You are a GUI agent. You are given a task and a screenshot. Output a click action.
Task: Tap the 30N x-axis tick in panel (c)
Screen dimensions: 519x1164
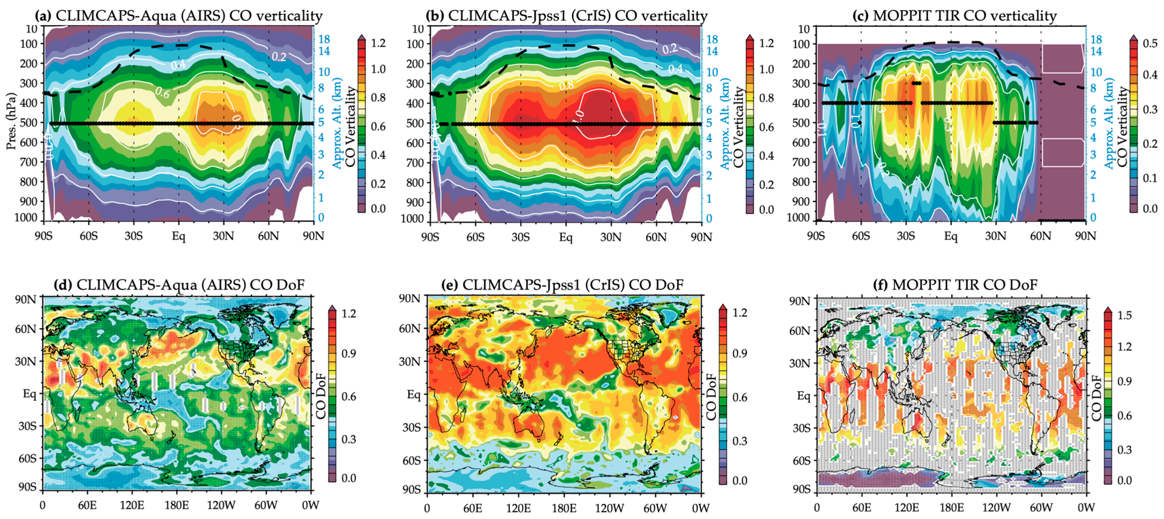pos(995,236)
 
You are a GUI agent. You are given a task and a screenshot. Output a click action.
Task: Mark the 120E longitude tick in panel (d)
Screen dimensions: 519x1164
pos(132,505)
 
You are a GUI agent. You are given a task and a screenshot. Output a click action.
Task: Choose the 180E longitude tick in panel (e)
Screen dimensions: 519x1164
pos(564,509)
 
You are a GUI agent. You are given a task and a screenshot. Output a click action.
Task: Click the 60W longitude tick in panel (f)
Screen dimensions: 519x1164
pos(1041,508)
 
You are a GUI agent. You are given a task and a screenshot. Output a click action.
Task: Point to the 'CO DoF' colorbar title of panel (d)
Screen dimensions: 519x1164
pos(321,396)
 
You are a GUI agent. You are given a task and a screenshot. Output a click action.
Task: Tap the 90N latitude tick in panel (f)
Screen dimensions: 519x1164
pos(799,300)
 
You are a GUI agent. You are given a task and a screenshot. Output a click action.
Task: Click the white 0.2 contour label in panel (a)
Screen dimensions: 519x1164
pos(279,56)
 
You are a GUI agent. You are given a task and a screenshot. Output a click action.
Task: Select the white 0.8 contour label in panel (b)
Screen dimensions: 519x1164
pos(566,85)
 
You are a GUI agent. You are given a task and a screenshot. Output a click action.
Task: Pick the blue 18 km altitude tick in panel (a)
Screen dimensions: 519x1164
pos(324,39)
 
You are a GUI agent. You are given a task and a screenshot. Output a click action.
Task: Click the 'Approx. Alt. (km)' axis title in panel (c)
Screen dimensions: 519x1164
pos(1110,123)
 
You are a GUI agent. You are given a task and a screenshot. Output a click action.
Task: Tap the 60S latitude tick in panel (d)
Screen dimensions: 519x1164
pos(27,458)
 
